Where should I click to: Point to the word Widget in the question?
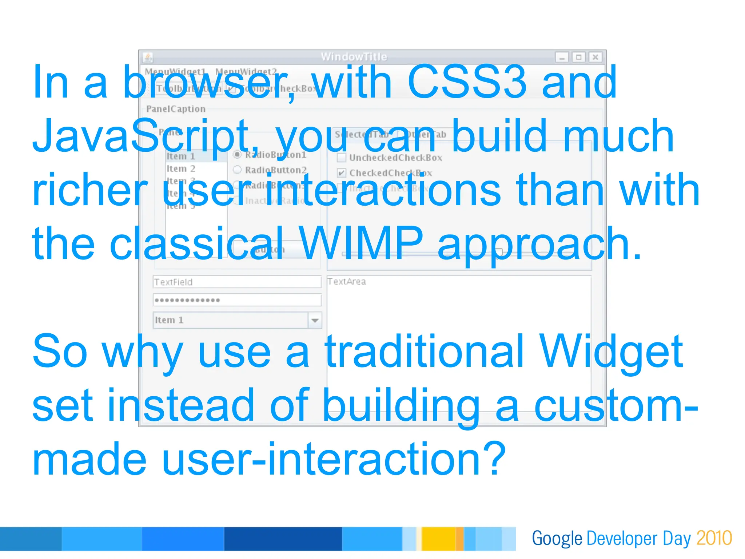[x=611, y=352]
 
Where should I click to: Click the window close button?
[x=595, y=57]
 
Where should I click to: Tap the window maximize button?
[x=578, y=57]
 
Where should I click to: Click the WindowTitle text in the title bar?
[x=354, y=57]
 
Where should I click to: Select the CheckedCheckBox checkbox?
[x=341, y=173]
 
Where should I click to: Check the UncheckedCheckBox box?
[x=341, y=158]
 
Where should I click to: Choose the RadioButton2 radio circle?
[x=237, y=170]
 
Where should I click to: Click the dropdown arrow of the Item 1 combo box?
[x=315, y=320]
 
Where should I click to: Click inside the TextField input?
[x=236, y=282]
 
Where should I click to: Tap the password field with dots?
[x=236, y=300]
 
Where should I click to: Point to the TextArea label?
[x=346, y=281]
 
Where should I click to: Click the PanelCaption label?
[x=176, y=109]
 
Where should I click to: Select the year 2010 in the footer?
[x=714, y=538]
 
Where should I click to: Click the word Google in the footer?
[x=557, y=538]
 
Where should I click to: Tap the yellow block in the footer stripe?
[x=438, y=539]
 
